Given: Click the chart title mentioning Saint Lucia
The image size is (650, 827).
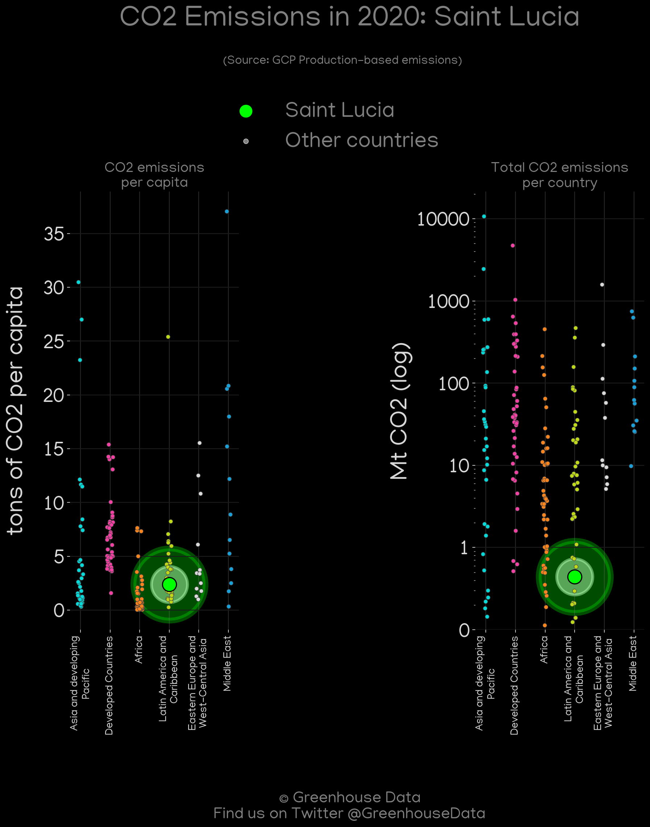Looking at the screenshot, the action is click(349, 17).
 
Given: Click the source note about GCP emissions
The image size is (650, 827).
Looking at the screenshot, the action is click(343, 60).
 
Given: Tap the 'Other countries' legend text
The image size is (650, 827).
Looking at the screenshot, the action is click(361, 140).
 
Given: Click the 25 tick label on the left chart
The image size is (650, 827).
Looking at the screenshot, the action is click(54, 341).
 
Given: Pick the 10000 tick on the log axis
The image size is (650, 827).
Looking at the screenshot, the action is click(443, 219).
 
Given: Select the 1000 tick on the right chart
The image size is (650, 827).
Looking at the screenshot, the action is click(449, 301).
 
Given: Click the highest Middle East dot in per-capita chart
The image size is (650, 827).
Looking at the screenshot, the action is click(227, 211).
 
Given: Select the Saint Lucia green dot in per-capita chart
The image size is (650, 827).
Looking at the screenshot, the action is click(169, 584).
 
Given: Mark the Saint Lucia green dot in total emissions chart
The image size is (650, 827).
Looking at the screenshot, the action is click(575, 576).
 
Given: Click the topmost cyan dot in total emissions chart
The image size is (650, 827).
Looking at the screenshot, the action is click(484, 216).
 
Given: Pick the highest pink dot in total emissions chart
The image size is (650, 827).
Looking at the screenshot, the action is click(513, 246).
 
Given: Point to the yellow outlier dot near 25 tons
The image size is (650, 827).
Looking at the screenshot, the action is click(168, 337).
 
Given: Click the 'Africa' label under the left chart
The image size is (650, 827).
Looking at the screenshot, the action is click(139, 649).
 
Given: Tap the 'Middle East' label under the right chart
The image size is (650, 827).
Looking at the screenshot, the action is click(633, 663).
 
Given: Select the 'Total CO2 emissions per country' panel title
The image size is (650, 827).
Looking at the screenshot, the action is click(559, 175).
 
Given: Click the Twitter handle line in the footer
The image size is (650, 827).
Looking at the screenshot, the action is click(349, 813).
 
